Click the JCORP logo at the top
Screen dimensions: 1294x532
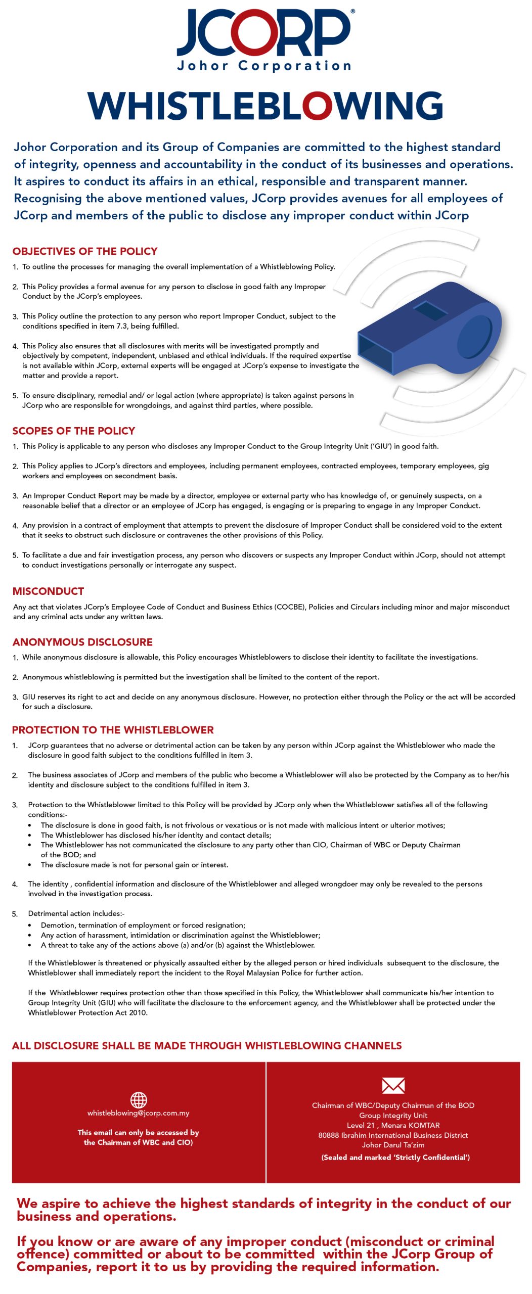tap(264, 33)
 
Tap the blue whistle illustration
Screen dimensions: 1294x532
tap(430, 329)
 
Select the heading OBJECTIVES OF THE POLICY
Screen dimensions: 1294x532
tap(85, 251)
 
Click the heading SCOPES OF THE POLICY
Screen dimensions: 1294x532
tap(74, 431)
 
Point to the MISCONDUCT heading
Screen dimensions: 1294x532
tap(48, 591)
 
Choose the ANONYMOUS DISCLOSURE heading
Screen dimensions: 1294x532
tap(82, 642)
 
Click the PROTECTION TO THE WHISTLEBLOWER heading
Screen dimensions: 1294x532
tap(113, 729)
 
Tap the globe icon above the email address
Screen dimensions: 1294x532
tap(139, 1099)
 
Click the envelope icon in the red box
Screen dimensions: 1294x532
tap(393, 1085)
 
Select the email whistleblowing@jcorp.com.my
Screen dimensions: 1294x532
tap(138, 1113)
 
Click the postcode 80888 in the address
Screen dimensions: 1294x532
tap(329, 1135)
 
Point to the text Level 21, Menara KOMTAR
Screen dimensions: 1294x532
tap(393, 1125)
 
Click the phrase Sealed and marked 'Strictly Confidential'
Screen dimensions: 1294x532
tap(395, 1157)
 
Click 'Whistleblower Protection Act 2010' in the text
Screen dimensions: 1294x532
tap(88, 1012)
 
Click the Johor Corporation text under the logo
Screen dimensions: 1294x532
tap(264, 66)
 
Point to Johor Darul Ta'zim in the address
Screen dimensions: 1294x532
tap(393, 1145)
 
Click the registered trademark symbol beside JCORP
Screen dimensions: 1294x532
tap(352, 11)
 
